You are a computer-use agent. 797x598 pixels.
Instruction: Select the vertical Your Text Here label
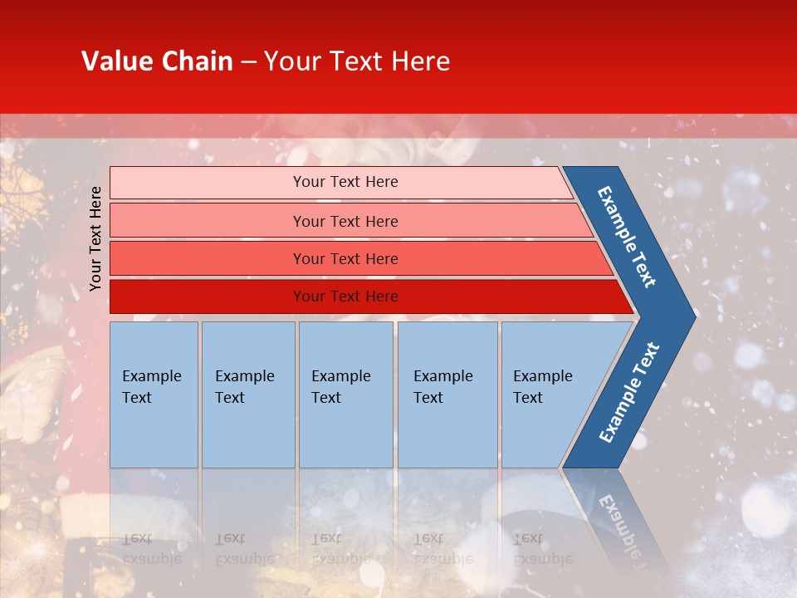tap(96, 238)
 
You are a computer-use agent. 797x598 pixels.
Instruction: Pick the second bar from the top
tap(345, 221)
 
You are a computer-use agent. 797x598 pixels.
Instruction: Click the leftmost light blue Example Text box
tap(154, 395)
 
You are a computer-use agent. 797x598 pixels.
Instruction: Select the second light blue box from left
tap(248, 395)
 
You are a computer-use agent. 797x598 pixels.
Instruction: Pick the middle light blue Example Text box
tap(345, 395)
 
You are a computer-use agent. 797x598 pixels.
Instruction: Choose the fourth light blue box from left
tap(447, 395)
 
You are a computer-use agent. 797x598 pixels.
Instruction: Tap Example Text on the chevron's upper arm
tap(627, 237)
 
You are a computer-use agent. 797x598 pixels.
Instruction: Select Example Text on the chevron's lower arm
tap(629, 392)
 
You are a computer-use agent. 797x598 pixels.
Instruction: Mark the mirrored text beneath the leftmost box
tap(151, 548)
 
